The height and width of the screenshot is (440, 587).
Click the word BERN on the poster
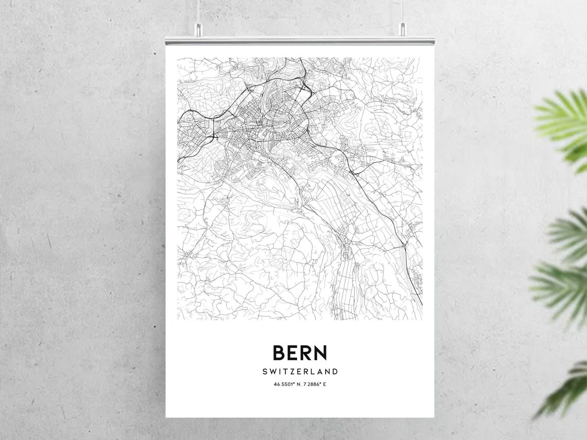pos(300,353)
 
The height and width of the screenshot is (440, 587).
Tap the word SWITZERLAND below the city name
pos(300,371)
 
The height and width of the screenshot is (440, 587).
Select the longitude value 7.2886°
pos(311,384)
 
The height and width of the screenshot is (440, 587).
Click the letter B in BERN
pos(279,353)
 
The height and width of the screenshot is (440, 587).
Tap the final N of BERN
pos(320,353)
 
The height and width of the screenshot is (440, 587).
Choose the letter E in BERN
pos(292,353)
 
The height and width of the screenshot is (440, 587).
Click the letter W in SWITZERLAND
pos(273,371)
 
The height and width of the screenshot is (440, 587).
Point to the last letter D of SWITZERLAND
pos(335,371)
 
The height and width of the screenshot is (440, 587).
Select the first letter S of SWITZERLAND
pos(265,371)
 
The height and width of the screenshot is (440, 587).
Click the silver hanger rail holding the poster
pos(300,40)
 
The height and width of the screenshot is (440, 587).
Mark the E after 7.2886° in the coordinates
pos(324,384)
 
